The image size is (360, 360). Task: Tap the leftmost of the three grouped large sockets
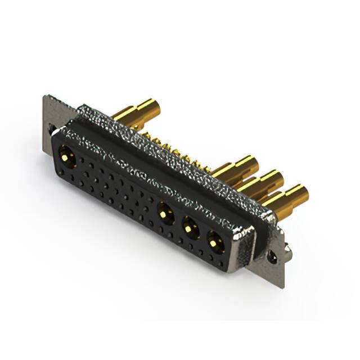[x=165, y=213]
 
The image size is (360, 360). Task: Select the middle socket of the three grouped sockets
[x=191, y=227]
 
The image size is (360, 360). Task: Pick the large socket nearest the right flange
[x=215, y=242]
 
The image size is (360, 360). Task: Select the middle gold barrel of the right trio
[x=260, y=182]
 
